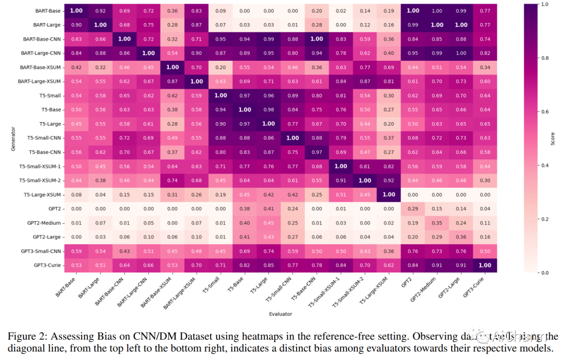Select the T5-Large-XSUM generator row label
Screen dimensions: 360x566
(41, 195)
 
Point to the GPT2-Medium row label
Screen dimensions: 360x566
(44, 223)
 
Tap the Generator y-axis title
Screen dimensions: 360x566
(13, 139)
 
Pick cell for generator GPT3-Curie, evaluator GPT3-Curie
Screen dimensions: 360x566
(485, 266)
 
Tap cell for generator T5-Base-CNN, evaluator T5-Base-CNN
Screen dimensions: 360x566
(317, 152)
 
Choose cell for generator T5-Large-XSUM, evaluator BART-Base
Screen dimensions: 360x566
(76, 195)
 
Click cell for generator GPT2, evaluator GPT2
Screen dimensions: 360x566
(413, 209)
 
